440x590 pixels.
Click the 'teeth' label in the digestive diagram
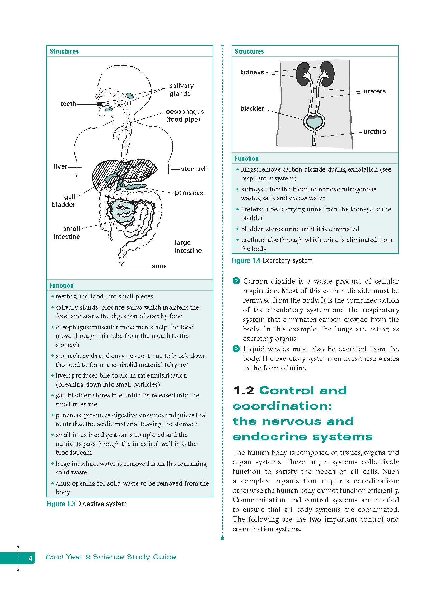(68, 104)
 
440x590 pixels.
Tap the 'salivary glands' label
(181, 90)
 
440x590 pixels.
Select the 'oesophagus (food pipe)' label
(185, 116)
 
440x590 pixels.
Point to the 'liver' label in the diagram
(60, 166)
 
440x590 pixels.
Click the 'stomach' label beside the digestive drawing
(194, 169)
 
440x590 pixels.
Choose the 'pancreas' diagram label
(189, 193)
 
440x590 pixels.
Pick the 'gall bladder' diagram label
(64, 201)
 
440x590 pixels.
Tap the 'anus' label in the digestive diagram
(159, 266)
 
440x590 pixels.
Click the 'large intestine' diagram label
(188, 247)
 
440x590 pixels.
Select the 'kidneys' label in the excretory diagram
(252, 72)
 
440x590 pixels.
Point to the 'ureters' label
(375, 92)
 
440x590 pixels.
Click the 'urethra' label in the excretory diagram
(375, 132)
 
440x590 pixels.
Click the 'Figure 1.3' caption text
(61, 504)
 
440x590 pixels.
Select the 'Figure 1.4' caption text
(246, 260)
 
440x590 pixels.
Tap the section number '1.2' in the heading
(244, 391)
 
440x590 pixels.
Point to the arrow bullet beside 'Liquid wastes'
(236, 349)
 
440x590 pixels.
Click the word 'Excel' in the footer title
(54, 557)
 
